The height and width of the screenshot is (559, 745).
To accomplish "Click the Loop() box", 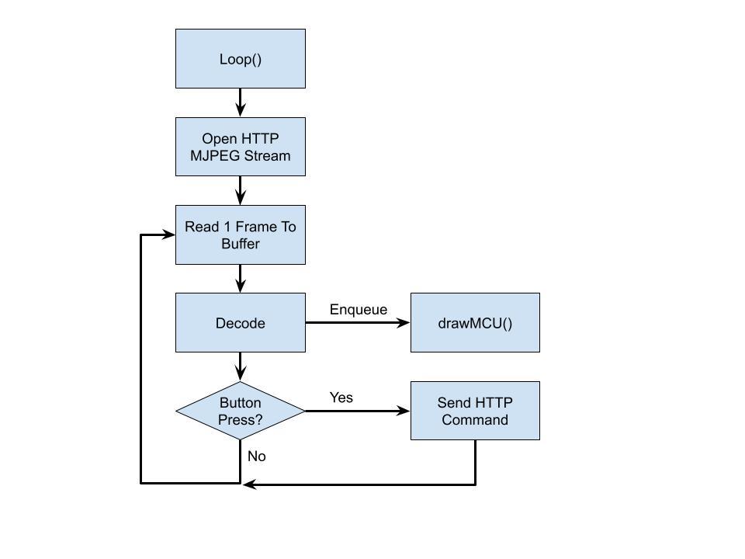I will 241,59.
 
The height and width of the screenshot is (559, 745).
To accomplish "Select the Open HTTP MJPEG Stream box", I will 241,147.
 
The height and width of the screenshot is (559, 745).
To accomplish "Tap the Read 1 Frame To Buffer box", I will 241,234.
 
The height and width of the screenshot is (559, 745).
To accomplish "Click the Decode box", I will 241,323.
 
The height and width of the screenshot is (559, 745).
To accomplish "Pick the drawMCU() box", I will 475,323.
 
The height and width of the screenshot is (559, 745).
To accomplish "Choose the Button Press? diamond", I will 241,411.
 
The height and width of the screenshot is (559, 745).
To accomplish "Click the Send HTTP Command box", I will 475,411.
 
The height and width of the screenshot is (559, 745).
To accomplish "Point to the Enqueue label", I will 358,310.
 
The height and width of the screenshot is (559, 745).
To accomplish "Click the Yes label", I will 341,398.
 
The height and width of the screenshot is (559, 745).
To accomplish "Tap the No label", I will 256,457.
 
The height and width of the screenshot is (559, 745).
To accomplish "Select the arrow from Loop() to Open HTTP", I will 241,102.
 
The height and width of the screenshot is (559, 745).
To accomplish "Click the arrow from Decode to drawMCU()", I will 358,323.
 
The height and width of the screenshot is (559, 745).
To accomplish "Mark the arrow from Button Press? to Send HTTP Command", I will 358,411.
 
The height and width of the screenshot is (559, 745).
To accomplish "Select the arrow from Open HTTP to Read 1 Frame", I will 241,190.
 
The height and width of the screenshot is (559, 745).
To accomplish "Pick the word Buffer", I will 241,244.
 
